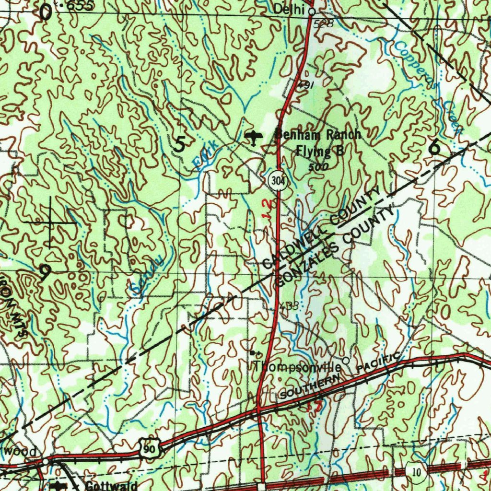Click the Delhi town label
290,9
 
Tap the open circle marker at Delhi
312,11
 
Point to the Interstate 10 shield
417,472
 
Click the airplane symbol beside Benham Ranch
252,138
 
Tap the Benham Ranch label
317,135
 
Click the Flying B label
320,152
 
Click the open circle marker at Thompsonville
346,360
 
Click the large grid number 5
180,144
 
